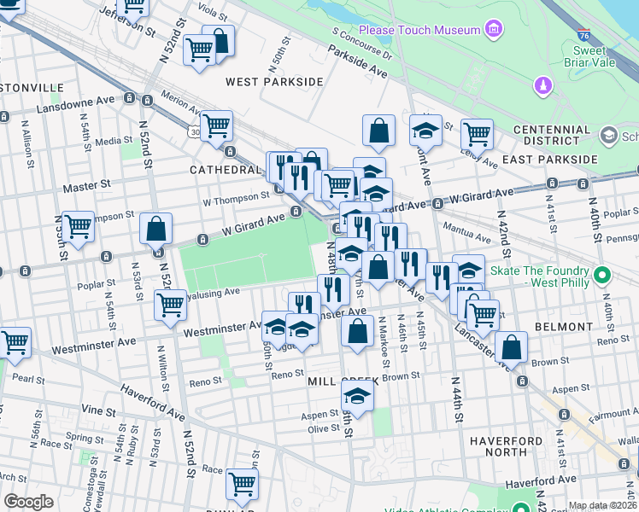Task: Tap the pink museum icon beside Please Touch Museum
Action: [x=493, y=31]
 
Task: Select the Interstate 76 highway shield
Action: [x=583, y=36]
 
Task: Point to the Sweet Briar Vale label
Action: [x=577, y=56]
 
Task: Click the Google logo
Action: [x=28, y=502]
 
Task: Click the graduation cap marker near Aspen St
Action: [x=357, y=396]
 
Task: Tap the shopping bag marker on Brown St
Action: [x=511, y=347]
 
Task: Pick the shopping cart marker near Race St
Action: [x=242, y=484]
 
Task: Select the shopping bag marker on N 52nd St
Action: [x=155, y=229]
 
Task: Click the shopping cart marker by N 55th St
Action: [x=78, y=227]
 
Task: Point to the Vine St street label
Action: [x=98, y=410]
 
